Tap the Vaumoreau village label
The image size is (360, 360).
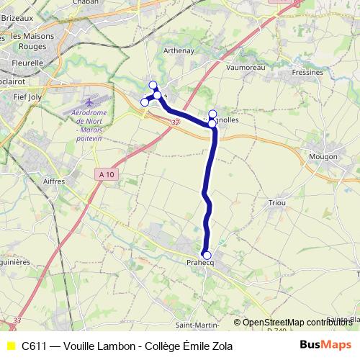pos(246,67)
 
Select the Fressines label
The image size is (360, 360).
pos(307,73)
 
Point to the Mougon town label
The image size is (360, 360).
pos(323,156)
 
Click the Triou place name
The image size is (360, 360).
pos(276,203)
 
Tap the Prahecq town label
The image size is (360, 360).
pos(202,263)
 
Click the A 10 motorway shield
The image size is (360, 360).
pos(107,174)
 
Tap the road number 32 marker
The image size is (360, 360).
pos(176,123)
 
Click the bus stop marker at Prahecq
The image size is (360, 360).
pos(207,255)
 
